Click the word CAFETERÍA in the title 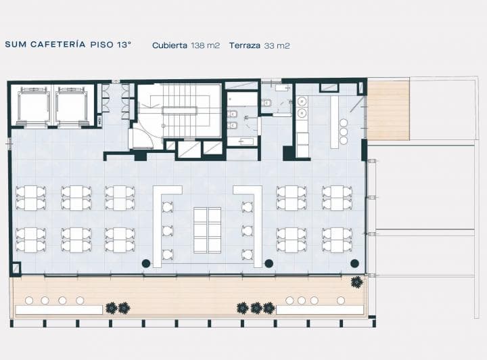pos(57,44)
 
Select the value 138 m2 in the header pos(206,45)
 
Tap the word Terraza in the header pos(245,45)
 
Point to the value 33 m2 pos(277,45)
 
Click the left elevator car pos(34,106)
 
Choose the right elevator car pos(72,106)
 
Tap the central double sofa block pos(207,230)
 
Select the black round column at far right pos(354,263)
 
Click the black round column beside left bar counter pos(146,264)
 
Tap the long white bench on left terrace pos(59,310)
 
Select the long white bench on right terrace pos(320,310)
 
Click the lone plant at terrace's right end pos(356,282)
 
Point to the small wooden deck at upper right pos(388,110)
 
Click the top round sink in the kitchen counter pos(302,102)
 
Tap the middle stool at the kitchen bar pos(344,132)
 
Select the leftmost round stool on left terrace pos(29,300)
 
